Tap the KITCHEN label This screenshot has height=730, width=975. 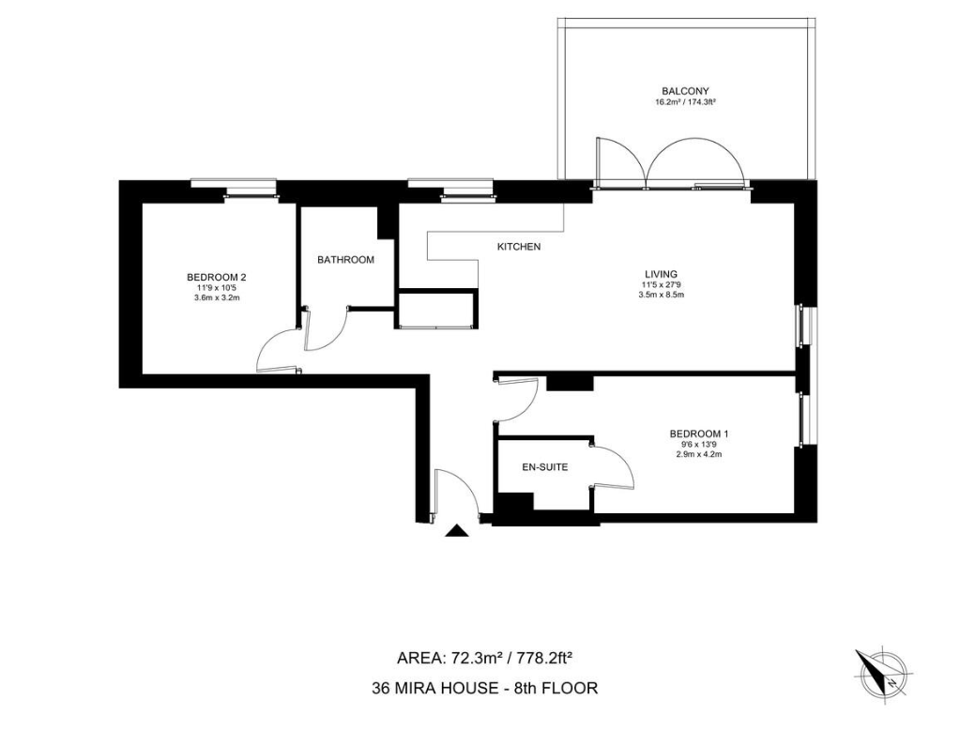pos(519,247)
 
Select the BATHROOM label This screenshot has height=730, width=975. pos(345,260)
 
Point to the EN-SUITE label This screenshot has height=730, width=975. pos(544,467)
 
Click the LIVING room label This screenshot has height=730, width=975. pos(661,274)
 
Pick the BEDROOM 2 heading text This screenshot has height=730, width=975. pos(217,278)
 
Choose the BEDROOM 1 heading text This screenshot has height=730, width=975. pos(698,434)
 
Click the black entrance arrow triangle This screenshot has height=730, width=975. pos(457,530)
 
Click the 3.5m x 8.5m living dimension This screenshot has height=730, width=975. pos(661,295)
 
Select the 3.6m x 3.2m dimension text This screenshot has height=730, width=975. pos(217,297)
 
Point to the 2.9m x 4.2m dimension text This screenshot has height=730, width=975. pos(698,454)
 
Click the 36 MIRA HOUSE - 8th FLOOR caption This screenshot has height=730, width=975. pos(484,689)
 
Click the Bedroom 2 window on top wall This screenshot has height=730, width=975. pos(233,187)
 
